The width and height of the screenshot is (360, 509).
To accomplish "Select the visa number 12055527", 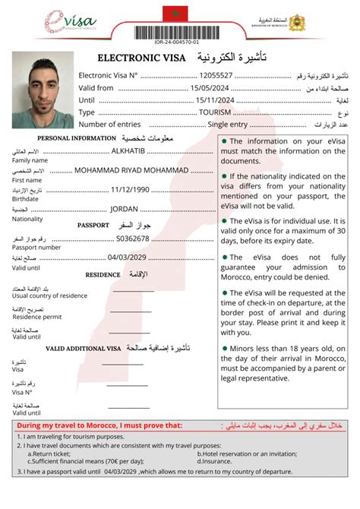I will [216, 75].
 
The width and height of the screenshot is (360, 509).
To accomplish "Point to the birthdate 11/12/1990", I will [131, 189].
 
